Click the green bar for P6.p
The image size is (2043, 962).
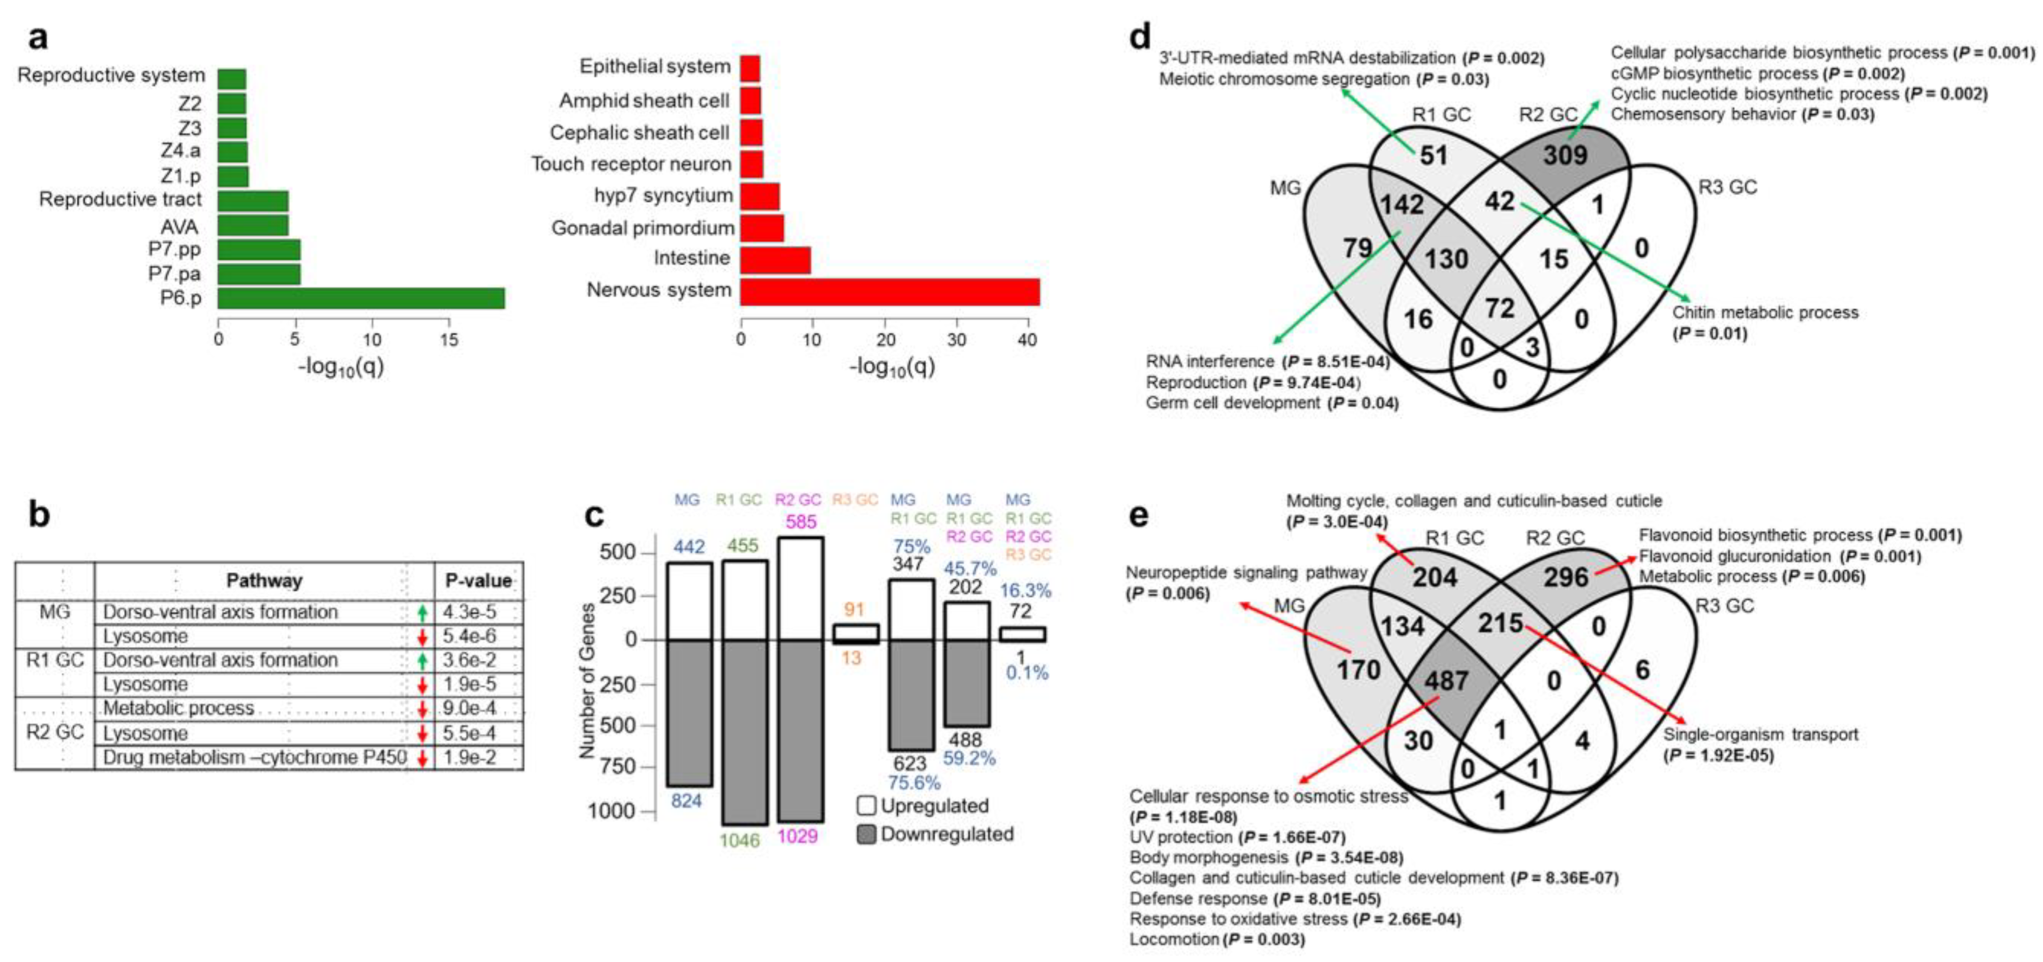361,298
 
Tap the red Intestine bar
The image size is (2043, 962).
775,259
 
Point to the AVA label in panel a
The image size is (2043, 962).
179,227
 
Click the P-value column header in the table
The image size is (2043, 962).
478,580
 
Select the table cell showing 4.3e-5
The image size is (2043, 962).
470,612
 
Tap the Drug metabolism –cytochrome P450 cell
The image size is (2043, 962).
255,757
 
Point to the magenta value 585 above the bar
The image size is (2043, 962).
800,522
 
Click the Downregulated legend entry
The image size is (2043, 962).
936,834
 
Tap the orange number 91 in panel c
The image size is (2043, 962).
854,610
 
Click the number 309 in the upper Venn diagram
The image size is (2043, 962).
1565,154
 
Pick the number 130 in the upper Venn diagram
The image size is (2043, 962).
1446,259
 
